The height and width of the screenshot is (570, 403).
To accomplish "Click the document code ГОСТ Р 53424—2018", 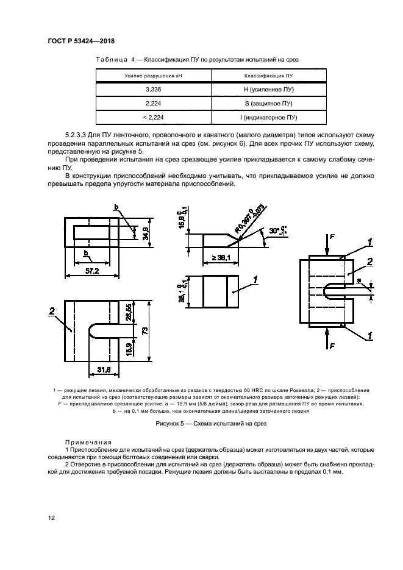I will (x=81, y=41).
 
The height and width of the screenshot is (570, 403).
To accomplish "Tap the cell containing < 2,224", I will (x=153, y=118).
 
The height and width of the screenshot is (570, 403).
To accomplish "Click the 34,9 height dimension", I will (x=144, y=234).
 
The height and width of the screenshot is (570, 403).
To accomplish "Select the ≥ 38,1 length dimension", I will (x=219, y=257).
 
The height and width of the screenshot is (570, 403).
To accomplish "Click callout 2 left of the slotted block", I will (x=53, y=311).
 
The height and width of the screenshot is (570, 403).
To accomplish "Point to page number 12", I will (x=52, y=518).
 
